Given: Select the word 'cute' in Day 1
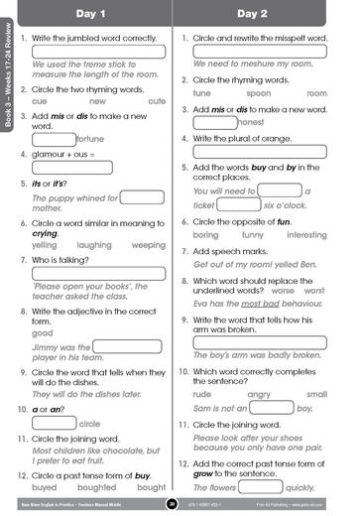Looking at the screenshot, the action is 156,101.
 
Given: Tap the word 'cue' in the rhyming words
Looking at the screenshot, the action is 41,101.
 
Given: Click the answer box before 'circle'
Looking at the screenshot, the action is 55,422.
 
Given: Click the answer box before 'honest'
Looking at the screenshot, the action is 215,121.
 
